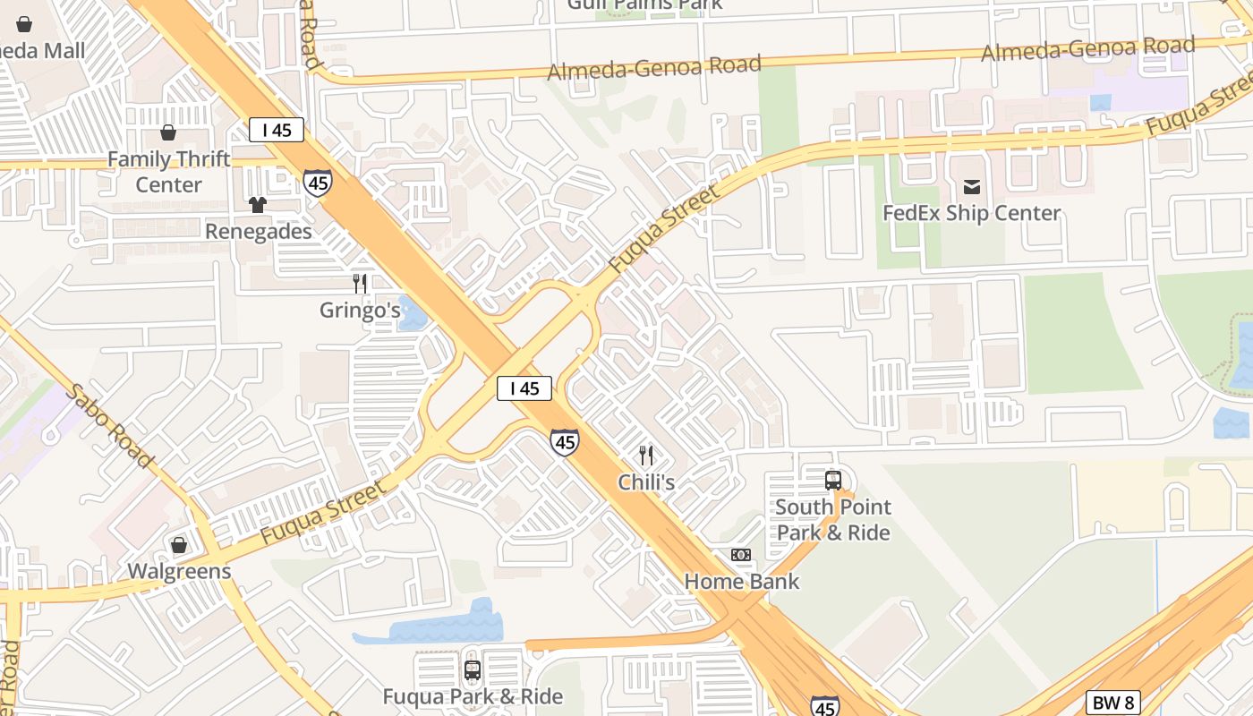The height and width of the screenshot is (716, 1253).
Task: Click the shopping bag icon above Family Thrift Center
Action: [167, 133]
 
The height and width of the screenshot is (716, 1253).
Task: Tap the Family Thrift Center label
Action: [168, 172]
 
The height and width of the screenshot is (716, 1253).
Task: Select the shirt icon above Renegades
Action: [258, 205]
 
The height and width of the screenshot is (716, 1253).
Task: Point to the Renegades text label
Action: [258, 232]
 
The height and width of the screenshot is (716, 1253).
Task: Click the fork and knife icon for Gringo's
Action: [360, 284]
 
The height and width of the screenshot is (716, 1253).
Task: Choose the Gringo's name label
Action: [360, 311]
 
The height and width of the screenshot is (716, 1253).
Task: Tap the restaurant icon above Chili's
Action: [646, 456]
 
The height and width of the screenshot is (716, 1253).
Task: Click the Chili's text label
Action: [646, 482]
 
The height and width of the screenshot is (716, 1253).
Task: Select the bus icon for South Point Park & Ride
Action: [833, 480]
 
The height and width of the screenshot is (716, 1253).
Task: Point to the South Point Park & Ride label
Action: [833, 520]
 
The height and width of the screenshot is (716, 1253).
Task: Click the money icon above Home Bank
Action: [741, 555]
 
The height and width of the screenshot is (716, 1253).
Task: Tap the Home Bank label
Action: [741, 582]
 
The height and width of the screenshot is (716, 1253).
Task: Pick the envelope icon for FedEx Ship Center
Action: [971, 187]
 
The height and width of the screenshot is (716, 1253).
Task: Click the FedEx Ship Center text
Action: [971, 213]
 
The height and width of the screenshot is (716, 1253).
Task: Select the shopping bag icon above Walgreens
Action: [179, 545]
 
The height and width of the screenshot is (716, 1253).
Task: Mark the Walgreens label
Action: [179, 571]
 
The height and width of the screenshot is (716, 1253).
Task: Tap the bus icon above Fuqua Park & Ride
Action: [473, 669]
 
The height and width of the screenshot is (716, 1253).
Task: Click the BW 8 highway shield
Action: [1114, 703]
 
